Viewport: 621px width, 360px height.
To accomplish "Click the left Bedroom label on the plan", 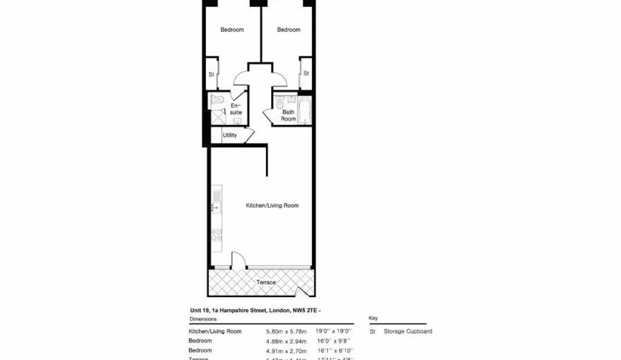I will (x=231, y=30).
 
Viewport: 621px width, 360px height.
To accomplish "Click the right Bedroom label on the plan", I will (x=288, y=30).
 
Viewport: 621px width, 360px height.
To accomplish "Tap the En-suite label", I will (x=236, y=109).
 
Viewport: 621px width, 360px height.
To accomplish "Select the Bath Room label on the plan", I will (x=288, y=115).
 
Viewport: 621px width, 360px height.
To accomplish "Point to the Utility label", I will (x=229, y=135).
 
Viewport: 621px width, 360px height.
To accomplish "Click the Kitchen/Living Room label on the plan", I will (x=272, y=205).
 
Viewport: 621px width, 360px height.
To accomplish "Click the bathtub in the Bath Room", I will (x=304, y=110).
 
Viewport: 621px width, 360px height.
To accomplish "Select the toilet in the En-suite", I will (x=218, y=102).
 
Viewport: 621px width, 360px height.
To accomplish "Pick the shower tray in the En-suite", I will (x=218, y=118).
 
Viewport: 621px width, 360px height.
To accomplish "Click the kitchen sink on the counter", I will (x=217, y=207).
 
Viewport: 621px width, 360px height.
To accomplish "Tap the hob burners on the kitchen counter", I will (x=217, y=235).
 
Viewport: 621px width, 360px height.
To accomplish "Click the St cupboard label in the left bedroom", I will (x=211, y=74).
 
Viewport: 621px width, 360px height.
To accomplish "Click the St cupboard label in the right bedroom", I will (x=306, y=73).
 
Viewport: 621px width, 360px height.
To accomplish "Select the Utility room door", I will (x=247, y=135).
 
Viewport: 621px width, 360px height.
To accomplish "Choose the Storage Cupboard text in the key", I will (x=408, y=331).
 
